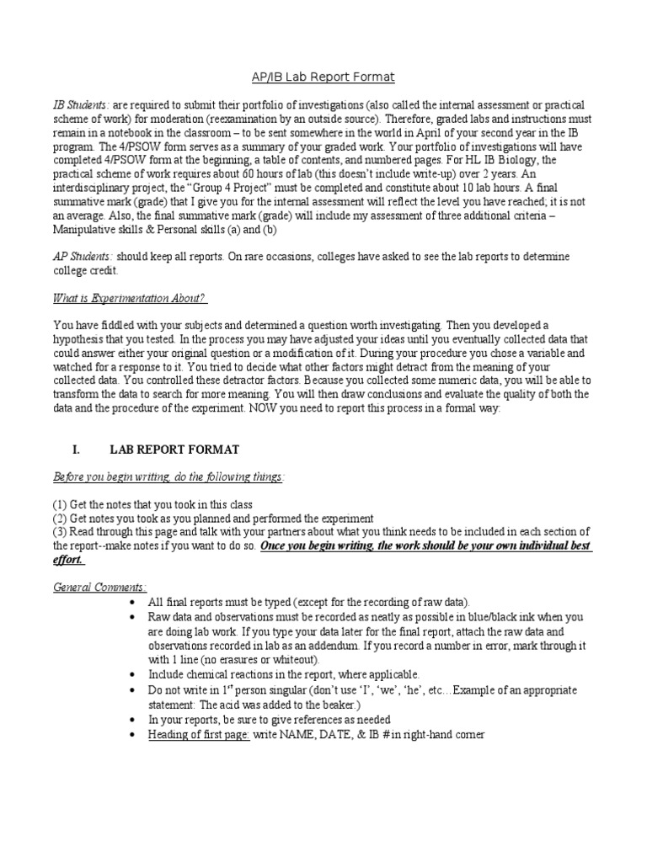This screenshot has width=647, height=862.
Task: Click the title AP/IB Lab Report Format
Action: click(x=323, y=77)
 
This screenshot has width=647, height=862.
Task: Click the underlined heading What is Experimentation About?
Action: click(x=130, y=298)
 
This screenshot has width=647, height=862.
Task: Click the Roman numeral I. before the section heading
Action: click(x=82, y=450)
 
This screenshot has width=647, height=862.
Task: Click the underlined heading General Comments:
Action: click(x=100, y=587)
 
